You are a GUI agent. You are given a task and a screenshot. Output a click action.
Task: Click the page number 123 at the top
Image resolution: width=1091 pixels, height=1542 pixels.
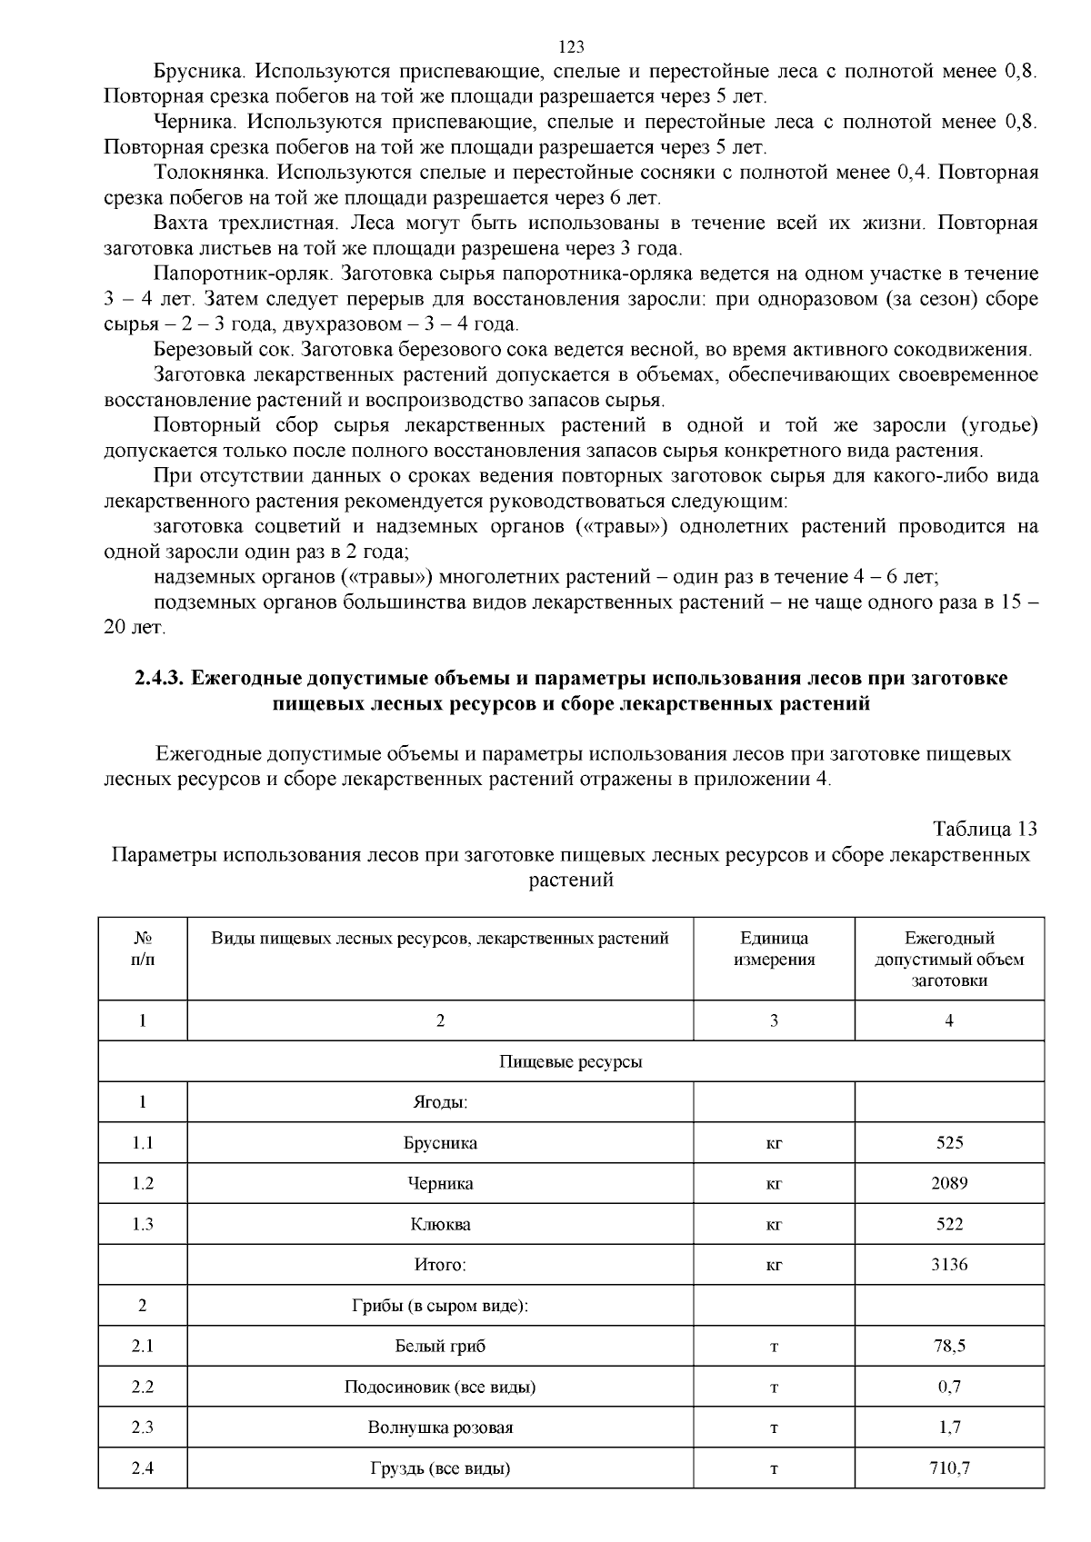point(570,47)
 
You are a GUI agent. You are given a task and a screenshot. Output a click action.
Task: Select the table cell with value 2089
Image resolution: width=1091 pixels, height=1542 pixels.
point(948,1183)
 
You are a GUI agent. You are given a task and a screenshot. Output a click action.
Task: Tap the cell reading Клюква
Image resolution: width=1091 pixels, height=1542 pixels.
point(440,1224)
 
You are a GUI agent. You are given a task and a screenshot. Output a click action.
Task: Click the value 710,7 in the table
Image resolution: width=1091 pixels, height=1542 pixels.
point(948,1468)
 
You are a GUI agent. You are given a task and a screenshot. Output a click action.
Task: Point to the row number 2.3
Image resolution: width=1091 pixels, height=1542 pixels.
point(143,1428)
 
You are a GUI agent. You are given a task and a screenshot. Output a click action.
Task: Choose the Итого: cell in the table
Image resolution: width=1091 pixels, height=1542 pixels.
point(440,1265)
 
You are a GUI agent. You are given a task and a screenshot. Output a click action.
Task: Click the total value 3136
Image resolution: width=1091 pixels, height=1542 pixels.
point(948,1265)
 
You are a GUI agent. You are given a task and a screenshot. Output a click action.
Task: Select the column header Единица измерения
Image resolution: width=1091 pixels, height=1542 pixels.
point(774,949)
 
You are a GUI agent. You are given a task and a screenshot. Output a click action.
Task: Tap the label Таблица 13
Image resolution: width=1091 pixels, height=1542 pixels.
point(985,829)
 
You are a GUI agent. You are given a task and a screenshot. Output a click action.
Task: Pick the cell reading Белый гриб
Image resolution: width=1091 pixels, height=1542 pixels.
point(440,1346)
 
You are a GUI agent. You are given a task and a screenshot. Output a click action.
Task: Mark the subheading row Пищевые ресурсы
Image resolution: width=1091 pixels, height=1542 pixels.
point(570,1061)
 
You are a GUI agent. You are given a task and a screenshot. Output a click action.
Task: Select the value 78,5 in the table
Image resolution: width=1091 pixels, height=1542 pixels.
point(948,1346)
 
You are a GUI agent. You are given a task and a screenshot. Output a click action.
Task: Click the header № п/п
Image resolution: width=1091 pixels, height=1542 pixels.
point(143,949)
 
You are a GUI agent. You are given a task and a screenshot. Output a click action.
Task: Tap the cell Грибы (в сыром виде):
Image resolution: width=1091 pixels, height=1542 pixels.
point(440,1306)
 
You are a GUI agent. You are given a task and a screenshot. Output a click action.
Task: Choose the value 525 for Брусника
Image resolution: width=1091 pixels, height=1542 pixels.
point(948,1143)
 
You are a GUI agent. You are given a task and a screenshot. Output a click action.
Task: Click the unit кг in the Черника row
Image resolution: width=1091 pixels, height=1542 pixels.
point(774,1183)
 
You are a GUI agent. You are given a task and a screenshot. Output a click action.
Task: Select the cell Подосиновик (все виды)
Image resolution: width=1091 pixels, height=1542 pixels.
point(440,1387)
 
